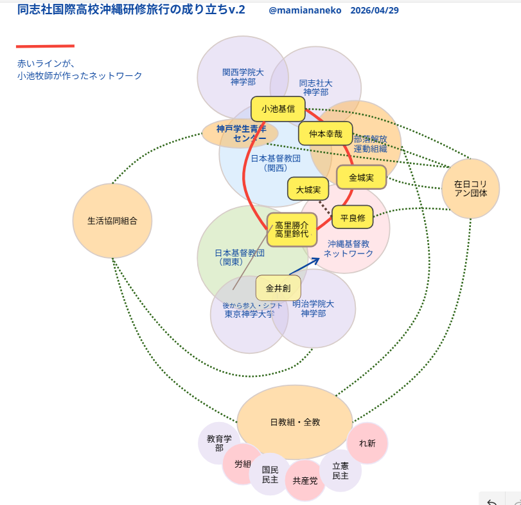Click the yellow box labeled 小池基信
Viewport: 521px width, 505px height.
tap(278, 109)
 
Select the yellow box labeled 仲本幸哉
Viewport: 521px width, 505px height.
tap(325, 134)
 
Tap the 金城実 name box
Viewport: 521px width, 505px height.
tap(361, 177)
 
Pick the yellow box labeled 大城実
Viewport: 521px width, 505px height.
tap(308, 189)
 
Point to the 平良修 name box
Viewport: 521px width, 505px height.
tap(352, 218)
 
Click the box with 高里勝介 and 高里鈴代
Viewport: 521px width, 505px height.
tap(292, 229)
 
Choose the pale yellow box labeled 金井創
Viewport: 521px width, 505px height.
tap(278, 288)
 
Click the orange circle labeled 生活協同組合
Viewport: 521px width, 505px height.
tap(112, 221)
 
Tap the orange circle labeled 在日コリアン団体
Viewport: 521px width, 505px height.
tap(470, 188)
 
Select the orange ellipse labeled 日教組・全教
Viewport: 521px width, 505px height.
tap(295, 422)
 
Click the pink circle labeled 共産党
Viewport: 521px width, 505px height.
tap(305, 481)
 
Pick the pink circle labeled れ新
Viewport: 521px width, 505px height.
tap(367, 443)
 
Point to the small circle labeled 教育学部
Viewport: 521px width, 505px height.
tap(219, 443)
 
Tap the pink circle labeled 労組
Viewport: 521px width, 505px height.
tap(242, 464)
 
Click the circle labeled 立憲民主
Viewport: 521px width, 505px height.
tap(340, 471)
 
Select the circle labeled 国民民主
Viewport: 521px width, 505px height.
tap(270, 475)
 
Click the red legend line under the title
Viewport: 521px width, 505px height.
tap(45, 46)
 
